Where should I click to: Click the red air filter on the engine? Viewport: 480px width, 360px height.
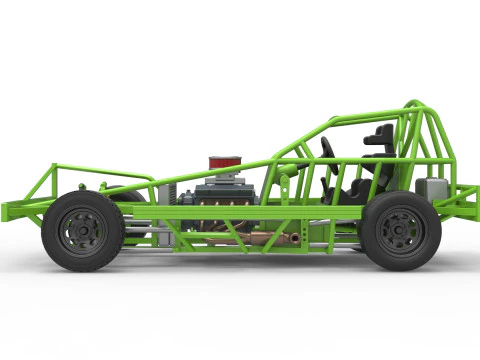point(225,162)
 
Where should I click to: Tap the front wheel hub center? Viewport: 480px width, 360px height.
point(82,231)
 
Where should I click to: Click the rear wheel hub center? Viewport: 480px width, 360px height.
point(401,230)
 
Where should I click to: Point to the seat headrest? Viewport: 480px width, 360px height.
point(380,135)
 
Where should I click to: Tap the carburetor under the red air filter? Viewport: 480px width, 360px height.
point(225,177)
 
